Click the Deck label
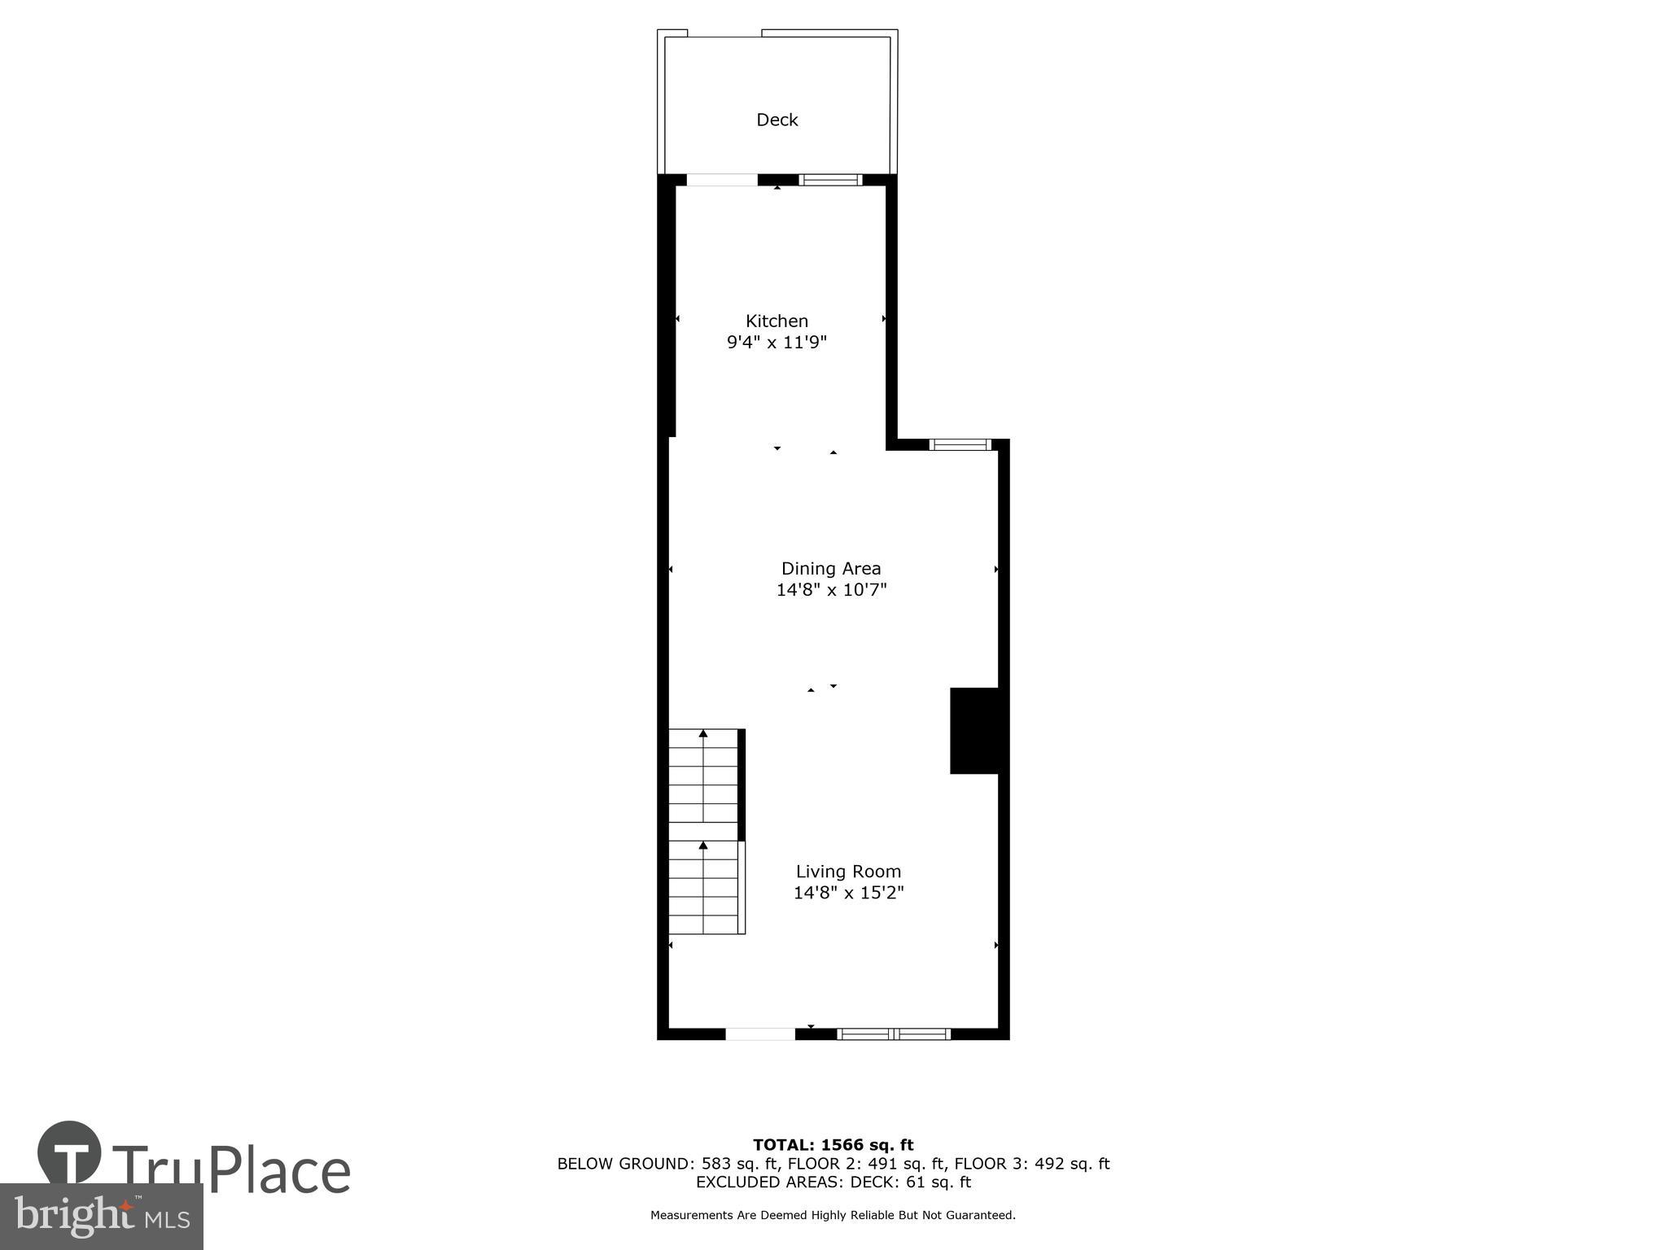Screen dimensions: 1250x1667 click(x=777, y=120)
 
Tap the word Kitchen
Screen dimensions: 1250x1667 click(x=777, y=321)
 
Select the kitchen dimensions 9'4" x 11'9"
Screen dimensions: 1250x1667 click(x=777, y=343)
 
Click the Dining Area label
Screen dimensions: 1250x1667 click(x=831, y=569)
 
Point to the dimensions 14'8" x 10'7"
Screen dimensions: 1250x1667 click(x=831, y=590)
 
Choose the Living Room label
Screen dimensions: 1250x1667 click(x=848, y=872)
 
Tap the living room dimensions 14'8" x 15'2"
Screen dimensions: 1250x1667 click(x=848, y=893)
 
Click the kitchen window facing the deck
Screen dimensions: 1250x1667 click(x=829, y=180)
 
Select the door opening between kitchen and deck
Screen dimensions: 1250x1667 click(x=722, y=180)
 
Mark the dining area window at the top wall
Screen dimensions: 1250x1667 click(x=960, y=444)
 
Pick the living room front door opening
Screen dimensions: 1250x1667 click(x=760, y=1034)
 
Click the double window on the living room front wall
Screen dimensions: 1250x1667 click(x=894, y=1034)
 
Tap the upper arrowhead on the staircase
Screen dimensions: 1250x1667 click(x=703, y=734)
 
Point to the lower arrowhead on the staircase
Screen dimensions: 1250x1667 click(x=703, y=846)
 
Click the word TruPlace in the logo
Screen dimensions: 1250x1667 click(x=232, y=1170)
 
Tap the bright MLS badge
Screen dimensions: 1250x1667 click(x=101, y=1217)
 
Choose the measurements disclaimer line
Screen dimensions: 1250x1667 click(x=833, y=1215)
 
